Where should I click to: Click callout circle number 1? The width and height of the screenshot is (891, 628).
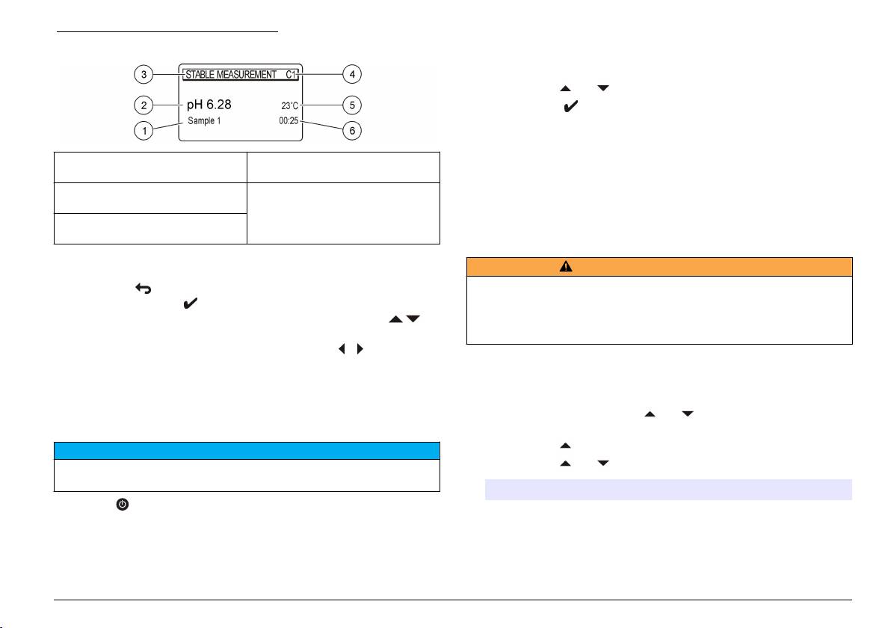145,131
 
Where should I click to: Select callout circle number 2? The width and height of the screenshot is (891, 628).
145,102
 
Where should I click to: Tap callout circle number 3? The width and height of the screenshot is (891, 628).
145,74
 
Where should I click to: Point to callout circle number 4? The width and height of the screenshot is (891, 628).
353,74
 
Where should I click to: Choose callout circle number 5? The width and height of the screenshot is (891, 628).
353,102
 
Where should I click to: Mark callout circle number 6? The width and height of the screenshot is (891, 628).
353,131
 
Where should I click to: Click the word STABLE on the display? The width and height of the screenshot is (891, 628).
200,75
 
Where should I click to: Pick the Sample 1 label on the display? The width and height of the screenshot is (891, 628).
205,120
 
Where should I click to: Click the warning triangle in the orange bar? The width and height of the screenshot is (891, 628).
567,267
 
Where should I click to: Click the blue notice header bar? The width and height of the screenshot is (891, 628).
247,450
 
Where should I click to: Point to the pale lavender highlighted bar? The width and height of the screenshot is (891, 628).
669,489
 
